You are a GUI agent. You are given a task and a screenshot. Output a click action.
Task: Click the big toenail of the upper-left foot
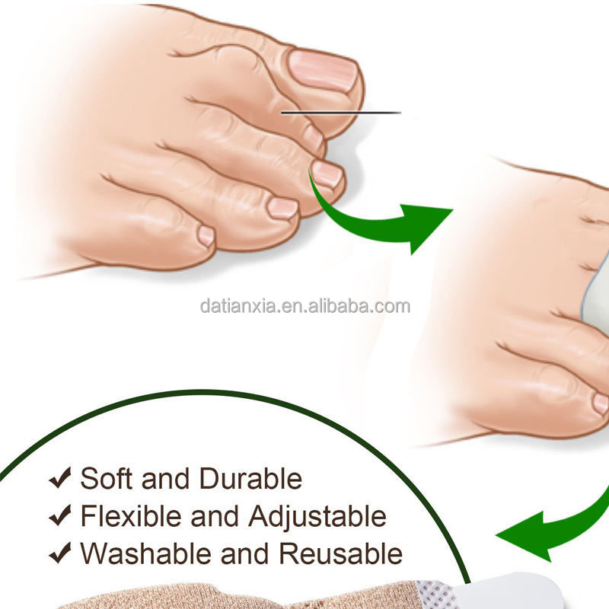pos(323,71)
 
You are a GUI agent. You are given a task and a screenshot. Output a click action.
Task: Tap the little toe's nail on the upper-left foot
pos(206,236)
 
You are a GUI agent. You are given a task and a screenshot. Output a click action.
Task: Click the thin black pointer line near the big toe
pos(341,113)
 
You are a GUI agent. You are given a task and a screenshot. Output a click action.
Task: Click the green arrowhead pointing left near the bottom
pos(525,536)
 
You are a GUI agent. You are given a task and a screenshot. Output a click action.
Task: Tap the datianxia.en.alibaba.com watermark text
pos(305,306)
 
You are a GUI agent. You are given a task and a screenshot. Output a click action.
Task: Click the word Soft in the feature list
pos(106,478)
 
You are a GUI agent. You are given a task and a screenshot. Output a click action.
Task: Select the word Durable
pos(250,478)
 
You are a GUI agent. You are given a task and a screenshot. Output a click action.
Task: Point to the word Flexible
pos(131,516)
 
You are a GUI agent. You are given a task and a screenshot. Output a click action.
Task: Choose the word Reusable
pos(340,553)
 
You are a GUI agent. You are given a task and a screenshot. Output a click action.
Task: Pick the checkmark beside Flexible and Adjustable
pos(61,515)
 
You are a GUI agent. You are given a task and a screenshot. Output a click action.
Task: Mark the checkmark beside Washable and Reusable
pos(61,553)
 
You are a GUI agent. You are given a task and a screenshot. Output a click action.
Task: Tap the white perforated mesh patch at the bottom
pos(435,595)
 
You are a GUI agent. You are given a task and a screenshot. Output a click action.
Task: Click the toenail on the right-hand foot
pos(601,404)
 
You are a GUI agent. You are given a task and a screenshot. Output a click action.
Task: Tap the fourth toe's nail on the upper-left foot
pos(282,208)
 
